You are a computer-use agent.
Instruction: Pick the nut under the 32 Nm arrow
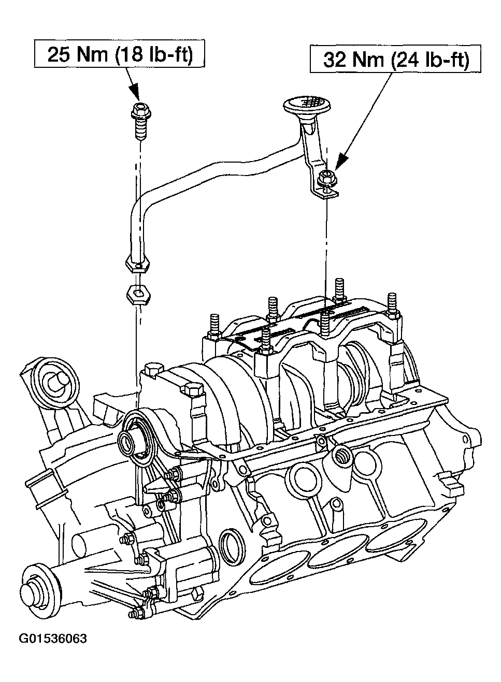click(x=325, y=179)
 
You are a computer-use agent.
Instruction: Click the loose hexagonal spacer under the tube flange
click(x=138, y=294)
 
